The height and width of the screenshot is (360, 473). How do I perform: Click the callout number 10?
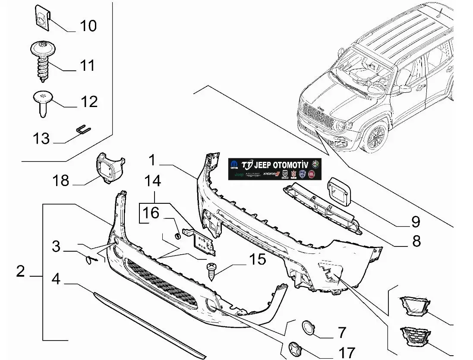click(x=88, y=26)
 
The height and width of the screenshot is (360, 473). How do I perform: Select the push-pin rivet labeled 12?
click(x=42, y=101)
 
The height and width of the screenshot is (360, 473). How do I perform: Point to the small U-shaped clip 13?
click(x=83, y=129)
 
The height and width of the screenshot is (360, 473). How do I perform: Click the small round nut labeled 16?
click(x=177, y=235)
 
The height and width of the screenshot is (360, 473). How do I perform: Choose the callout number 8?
click(x=416, y=240)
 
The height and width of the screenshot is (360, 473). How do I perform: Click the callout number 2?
click(x=20, y=272)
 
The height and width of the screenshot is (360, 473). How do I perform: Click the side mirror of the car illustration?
click(x=405, y=89)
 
